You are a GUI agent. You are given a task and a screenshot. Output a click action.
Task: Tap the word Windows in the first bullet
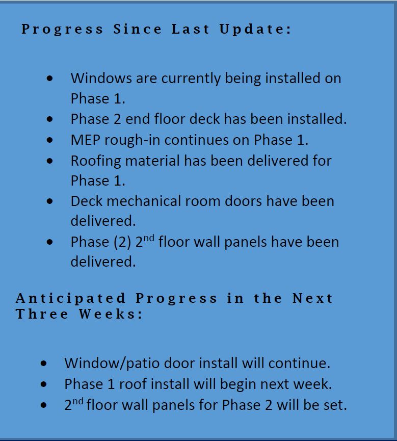(x=101, y=78)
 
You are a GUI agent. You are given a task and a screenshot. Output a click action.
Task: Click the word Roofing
(x=96, y=162)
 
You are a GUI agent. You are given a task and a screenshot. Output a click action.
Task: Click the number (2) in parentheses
(x=122, y=242)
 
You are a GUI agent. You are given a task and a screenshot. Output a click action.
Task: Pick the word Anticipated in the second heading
(x=70, y=299)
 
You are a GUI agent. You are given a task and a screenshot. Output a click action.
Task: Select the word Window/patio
(x=112, y=363)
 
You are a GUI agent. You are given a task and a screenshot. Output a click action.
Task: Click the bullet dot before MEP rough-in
(x=50, y=140)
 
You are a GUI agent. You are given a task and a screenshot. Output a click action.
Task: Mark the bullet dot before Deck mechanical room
(x=50, y=201)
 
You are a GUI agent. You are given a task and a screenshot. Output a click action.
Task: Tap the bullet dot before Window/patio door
(x=44, y=363)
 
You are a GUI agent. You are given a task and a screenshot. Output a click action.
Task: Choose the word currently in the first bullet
(x=191, y=79)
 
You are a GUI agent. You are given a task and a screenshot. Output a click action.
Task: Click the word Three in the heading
(x=42, y=314)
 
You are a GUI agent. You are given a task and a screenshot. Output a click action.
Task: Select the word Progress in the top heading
(x=62, y=30)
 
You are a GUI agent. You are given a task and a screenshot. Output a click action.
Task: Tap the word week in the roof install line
(x=312, y=384)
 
